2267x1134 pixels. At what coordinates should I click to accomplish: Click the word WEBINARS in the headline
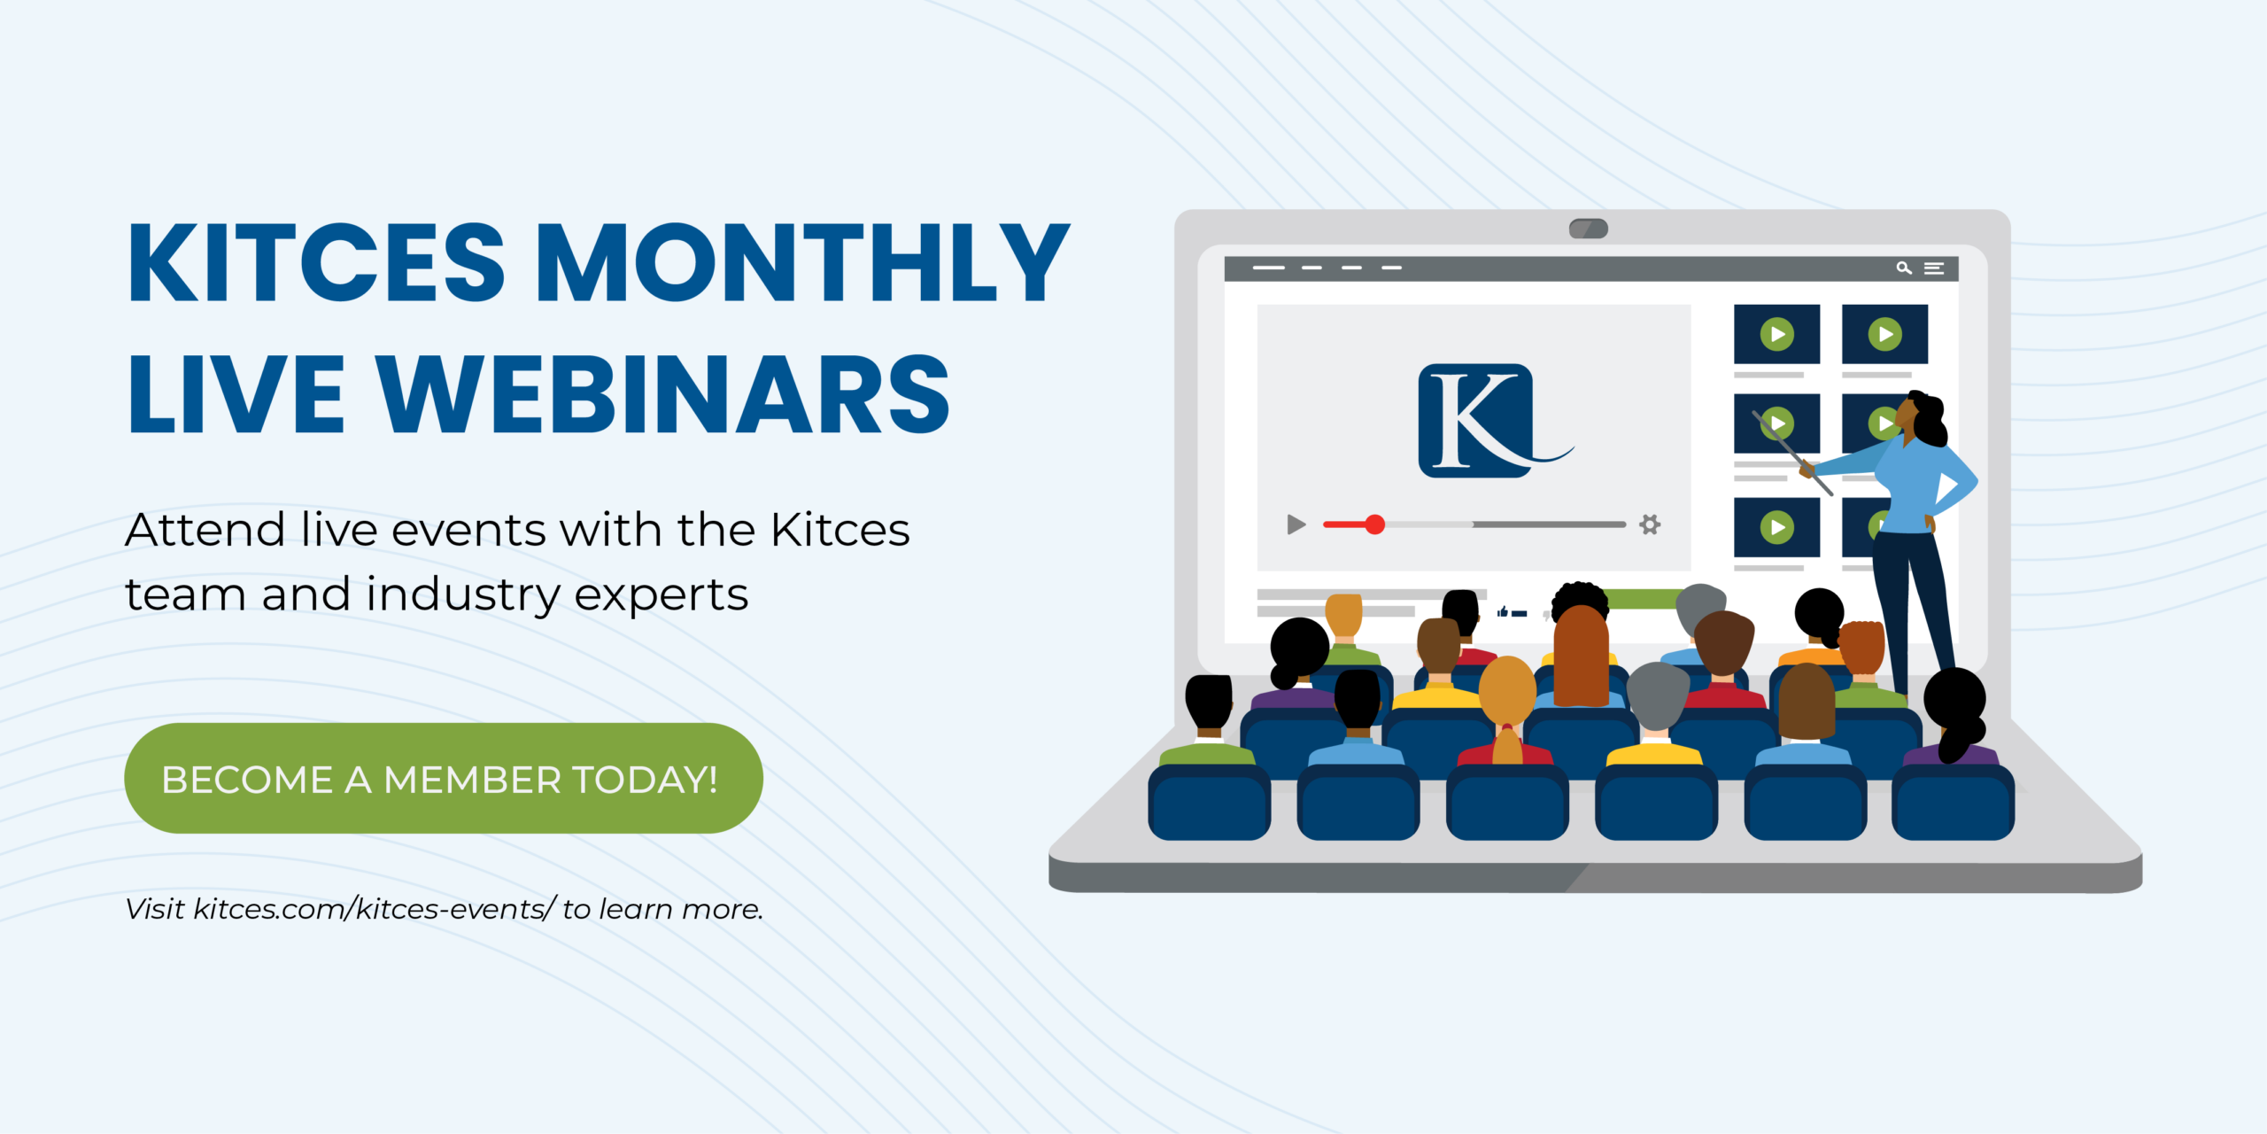[664, 393]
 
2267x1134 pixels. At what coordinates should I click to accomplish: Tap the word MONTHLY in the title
[802, 262]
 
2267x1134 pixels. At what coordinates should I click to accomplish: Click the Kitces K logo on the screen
[1477, 420]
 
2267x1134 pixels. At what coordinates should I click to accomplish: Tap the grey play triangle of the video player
[1296, 524]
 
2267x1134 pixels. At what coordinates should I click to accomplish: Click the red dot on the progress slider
[1374, 524]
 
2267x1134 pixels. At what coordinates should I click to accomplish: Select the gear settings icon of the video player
[1650, 524]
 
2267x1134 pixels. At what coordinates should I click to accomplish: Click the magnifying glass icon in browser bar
[1903, 268]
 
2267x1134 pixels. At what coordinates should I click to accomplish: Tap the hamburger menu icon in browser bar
[1934, 268]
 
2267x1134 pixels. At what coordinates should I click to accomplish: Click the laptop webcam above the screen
[1588, 229]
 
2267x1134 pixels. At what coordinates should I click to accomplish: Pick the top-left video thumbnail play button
[1776, 334]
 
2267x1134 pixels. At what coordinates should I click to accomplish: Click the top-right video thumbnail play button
[1884, 334]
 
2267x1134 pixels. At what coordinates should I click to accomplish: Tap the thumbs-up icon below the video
[1503, 611]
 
